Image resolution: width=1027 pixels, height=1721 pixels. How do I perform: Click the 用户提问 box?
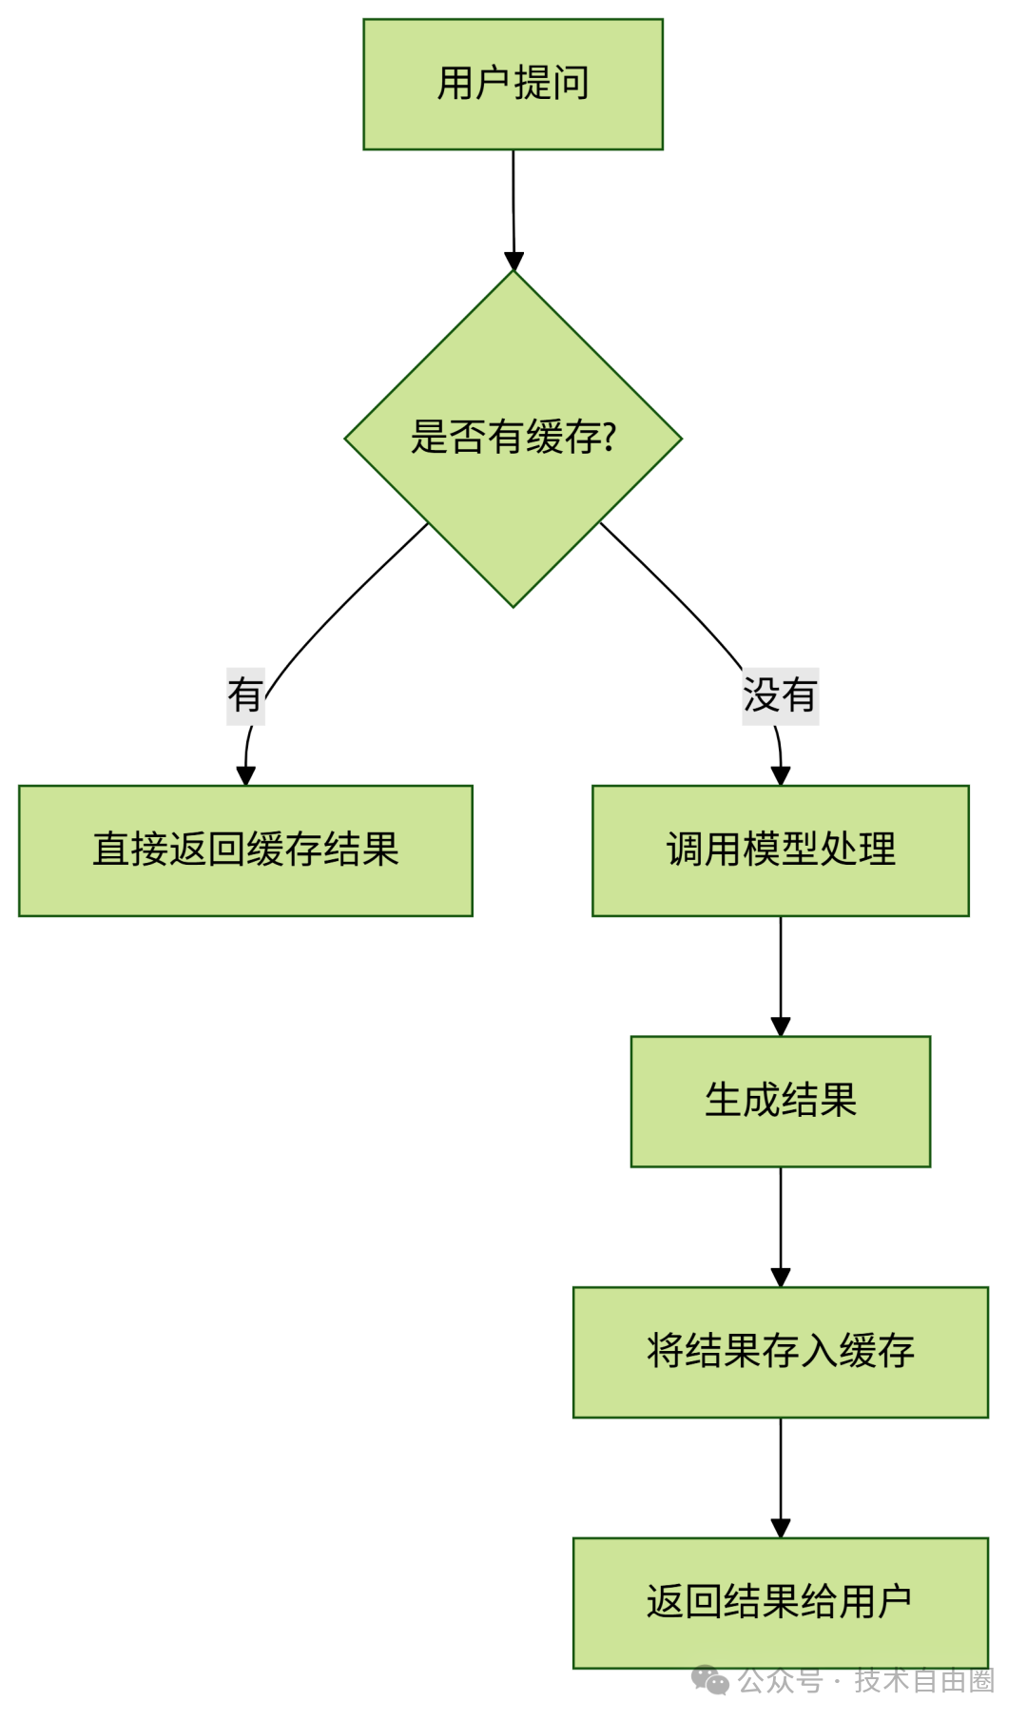click(x=513, y=84)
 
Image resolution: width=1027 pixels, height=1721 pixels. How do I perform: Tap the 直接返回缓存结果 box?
click(x=245, y=851)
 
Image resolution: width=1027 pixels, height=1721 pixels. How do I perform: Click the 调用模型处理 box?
click(x=780, y=851)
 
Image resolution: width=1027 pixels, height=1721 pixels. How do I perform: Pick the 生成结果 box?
click(x=780, y=1101)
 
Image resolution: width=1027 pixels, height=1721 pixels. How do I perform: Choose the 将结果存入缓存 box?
click(x=780, y=1352)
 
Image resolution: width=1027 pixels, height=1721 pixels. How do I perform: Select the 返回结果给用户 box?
click(x=780, y=1602)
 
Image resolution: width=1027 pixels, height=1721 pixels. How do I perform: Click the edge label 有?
click(x=245, y=695)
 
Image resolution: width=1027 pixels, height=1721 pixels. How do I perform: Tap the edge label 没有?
click(x=780, y=695)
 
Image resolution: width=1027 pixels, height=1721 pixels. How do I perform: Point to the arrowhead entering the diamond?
click(x=513, y=262)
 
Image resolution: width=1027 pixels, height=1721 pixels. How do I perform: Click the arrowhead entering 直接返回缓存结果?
click(x=245, y=776)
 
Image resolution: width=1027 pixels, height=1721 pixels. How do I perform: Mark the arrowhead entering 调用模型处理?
click(x=781, y=776)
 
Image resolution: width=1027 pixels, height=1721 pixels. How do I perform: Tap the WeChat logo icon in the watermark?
click(x=709, y=1680)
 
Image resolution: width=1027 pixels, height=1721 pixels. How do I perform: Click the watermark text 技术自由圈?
click(x=923, y=1681)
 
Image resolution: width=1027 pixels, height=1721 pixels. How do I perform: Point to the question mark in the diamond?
click(x=610, y=438)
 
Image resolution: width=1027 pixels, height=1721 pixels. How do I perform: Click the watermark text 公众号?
click(x=780, y=1681)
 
